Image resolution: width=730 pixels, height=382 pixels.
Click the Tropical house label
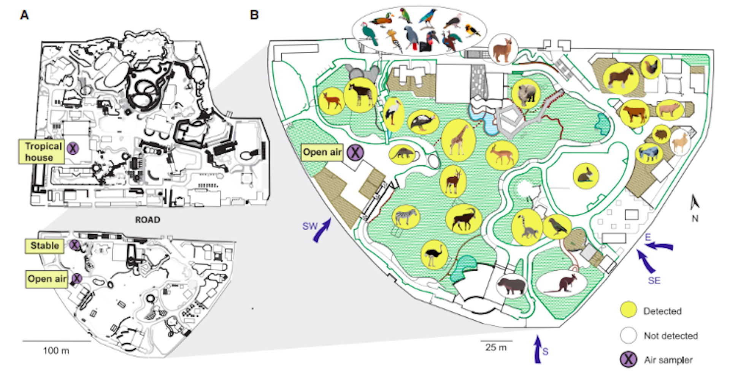point(41,152)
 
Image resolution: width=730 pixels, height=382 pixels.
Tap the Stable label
point(44,246)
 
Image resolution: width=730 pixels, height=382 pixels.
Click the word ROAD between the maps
point(148,220)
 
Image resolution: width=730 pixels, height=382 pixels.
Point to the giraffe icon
point(458,139)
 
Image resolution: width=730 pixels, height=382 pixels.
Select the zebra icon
point(406,217)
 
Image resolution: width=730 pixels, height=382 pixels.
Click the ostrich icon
point(434,254)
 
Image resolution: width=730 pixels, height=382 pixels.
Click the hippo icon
point(511,285)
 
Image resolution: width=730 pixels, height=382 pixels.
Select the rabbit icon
point(586,176)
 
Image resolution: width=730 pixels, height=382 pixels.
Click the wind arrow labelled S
point(538,349)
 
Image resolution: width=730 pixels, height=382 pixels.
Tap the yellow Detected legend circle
point(628,310)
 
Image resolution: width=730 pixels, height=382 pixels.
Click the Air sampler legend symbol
point(628,359)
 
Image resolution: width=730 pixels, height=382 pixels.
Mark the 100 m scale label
point(56,350)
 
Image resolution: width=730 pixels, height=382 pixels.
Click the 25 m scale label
point(496,347)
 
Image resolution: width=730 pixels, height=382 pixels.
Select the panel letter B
point(254,15)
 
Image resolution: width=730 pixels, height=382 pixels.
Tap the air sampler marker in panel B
point(355,152)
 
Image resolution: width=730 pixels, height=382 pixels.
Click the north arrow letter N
point(695,219)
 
